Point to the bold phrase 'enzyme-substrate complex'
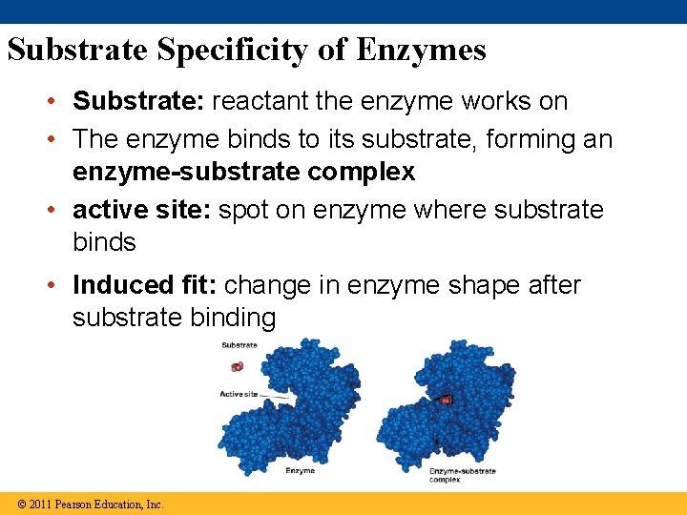click(x=243, y=172)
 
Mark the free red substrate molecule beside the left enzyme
click(x=237, y=366)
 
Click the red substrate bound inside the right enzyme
click(x=446, y=400)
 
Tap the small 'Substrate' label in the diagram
click(x=239, y=344)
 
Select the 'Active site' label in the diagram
click(x=238, y=393)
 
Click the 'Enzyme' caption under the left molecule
click(x=301, y=471)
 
